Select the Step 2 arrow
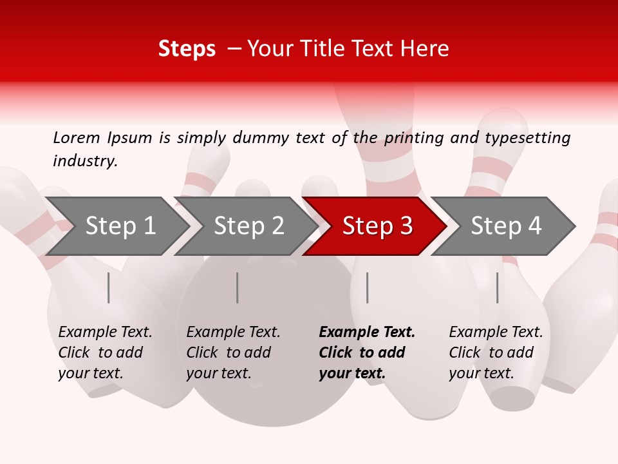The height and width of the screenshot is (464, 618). coord(248,226)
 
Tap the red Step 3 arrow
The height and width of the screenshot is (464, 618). coord(377,226)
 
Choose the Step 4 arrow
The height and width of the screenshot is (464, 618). coord(506,226)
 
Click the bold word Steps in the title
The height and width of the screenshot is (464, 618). coord(187,49)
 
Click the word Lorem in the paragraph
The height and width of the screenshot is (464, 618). coord(77,137)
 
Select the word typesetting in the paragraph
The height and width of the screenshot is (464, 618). coord(527,137)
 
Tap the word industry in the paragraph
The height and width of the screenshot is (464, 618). coord(85,160)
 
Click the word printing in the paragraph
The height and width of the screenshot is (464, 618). coord(404,137)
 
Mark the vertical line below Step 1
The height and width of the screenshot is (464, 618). coord(109,287)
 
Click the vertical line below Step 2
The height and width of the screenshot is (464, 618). coord(238,287)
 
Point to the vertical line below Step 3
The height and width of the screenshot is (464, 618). coord(368,287)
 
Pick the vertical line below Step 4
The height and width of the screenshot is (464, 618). coord(498,287)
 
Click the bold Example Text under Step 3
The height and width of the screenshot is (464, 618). coord(367,333)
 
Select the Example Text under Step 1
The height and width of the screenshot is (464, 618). coord(105,333)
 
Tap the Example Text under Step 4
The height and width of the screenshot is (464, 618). coord(496,333)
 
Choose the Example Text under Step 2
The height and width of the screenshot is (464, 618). coord(233,333)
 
